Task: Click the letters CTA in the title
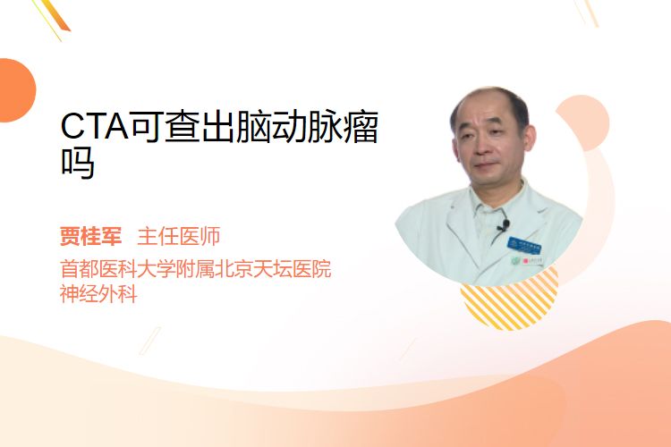94,126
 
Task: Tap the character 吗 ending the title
78,163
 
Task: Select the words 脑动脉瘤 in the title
307,126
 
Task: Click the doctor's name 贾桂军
90,236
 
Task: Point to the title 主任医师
179,236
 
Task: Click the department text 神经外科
98,294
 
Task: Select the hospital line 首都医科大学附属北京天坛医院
196,269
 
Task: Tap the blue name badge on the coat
523,245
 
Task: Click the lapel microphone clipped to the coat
504,225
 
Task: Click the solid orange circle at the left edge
16,90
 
